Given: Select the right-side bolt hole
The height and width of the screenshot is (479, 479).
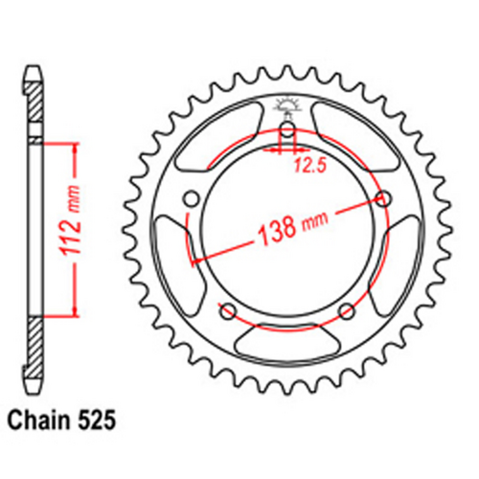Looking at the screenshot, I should pyautogui.click(x=385, y=198).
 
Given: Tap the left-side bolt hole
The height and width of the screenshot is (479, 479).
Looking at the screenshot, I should pyautogui.click(x=189, y=198).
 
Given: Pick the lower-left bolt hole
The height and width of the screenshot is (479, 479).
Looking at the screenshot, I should pyautogui.click(x=227, y=311).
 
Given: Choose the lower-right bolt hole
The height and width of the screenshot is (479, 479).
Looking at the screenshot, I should pyautogui.click(x=347, y=311).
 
